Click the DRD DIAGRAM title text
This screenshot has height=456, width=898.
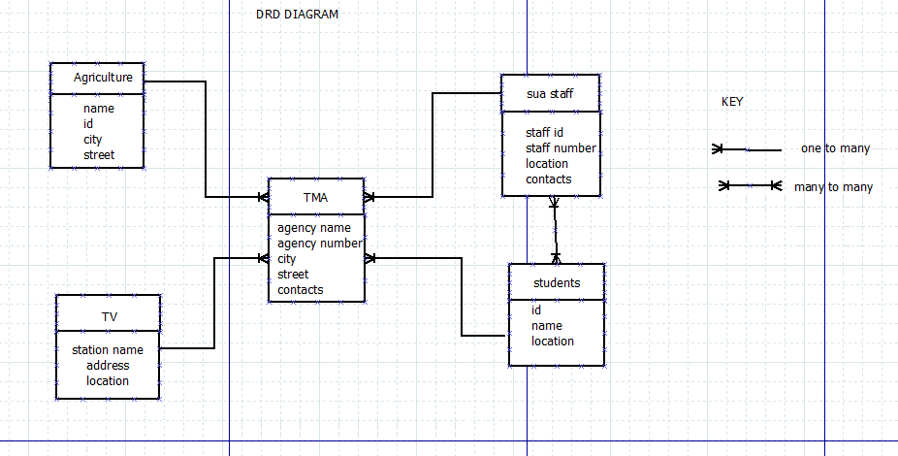[297, 15]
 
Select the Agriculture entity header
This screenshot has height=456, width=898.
[96, 78]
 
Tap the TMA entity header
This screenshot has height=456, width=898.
[315, 197]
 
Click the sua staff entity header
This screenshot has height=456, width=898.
[550, 94]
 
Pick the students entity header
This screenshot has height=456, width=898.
[557, 283]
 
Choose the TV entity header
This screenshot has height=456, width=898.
[109, 317]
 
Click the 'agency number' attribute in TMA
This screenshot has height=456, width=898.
[320, 244]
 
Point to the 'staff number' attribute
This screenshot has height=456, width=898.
[561, 148]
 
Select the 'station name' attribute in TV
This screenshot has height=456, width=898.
[108, 350]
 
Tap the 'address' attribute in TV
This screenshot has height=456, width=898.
[108, 366]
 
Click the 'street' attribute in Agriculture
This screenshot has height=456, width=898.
[99, 155]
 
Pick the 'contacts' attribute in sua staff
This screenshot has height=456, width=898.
[549, 179]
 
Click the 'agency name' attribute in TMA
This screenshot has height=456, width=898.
[314, 228]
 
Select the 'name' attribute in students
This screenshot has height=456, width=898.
[547, 326]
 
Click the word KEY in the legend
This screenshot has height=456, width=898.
[732, 102]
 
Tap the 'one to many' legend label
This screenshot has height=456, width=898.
[835, 148]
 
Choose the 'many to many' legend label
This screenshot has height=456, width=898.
[833, 187]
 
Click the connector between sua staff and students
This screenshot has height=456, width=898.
[555, 231]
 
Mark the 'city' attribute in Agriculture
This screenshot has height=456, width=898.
[92, 140]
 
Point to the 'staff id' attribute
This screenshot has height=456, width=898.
[545, 133]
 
